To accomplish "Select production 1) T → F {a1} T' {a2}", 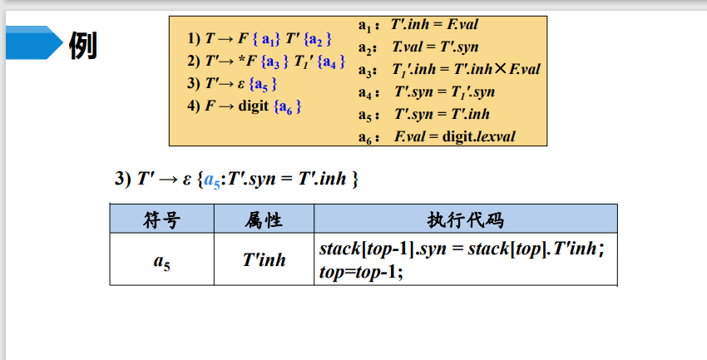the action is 260,38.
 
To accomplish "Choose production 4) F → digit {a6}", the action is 244,106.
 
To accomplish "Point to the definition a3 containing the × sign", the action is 449,69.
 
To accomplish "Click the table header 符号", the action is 161,219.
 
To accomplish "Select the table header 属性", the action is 264,219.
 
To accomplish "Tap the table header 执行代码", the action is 465,219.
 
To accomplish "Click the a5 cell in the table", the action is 161,260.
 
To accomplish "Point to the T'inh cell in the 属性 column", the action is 264,260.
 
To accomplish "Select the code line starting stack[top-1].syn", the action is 461,249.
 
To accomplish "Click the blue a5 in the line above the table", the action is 213,180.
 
